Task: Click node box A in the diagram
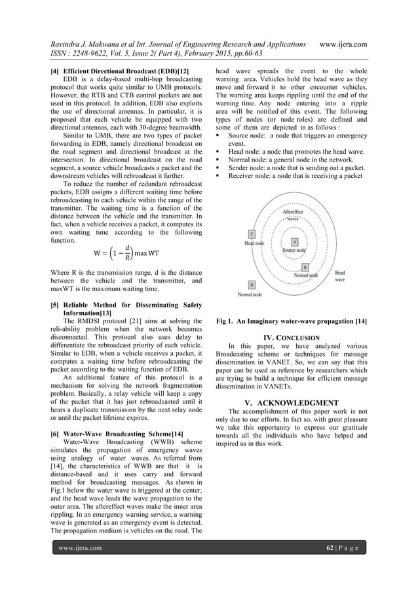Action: [x=295, y=243]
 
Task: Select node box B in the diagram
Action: [x=305, y=268]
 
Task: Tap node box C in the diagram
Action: [x=252, y=234]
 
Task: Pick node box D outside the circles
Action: [x=252, y=285]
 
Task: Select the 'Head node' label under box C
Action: [x=255, y=242]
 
